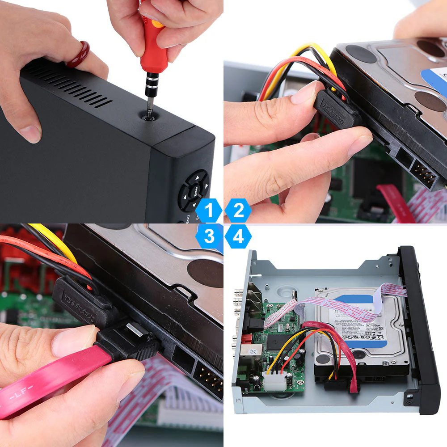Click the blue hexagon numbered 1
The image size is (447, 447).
(x=209, y=211)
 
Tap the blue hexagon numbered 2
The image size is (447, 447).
(x=238, y=211)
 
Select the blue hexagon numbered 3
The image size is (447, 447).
(x=209, y=236)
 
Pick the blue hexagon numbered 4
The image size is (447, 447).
(x=238, y=236)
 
